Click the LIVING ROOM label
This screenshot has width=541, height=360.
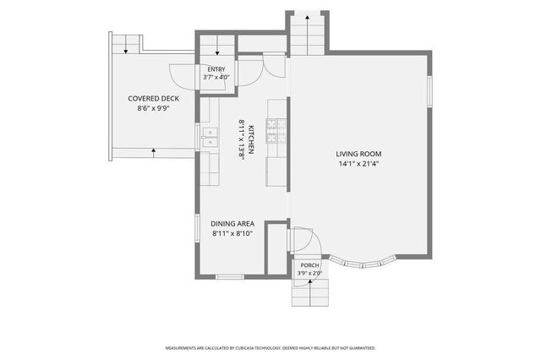click(x=358, y=154)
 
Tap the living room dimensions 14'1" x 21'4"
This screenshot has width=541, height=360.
click(x=358, y=164)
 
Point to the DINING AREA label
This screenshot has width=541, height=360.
click(x=232, y=224)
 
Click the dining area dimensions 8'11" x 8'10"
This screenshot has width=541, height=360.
click(x=232, y=233)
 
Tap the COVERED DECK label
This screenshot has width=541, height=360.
click(x=154, y=99)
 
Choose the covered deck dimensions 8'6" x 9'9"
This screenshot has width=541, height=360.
click(x=154, y=109)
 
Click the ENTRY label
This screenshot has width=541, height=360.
click(x=216, y=69)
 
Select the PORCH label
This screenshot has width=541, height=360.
click(x=310, y=265)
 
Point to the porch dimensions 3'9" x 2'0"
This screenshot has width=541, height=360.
click(x=310, y=274)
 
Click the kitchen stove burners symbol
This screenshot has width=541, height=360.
click(x=276, y=131)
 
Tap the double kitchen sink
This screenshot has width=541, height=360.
click(x=210, y=138)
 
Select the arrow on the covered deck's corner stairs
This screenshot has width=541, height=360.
click(x=126, y=44)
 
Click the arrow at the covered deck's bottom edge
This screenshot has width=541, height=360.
click(x=154, y=153)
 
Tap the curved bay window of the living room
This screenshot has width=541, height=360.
click(x=362, y=263)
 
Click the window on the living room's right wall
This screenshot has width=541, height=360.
click(x=429, y=91)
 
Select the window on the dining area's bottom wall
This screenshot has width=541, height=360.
click(x=230, y=276)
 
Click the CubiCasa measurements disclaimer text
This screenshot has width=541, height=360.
click(x=270, y=348)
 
